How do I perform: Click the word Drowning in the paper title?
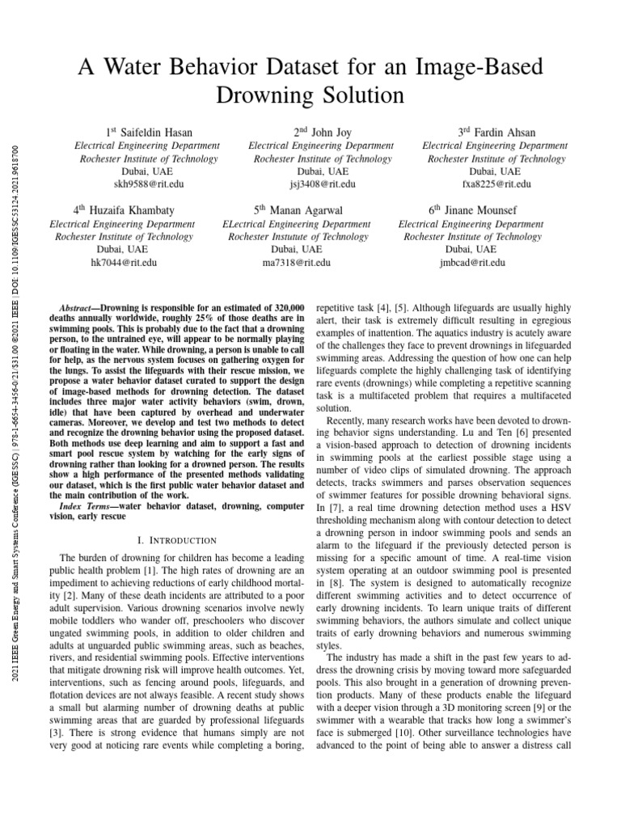(260, 95)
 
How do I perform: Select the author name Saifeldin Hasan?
(154, 132)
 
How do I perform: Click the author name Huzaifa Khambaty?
(133, 209)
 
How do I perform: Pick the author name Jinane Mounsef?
(482, 209)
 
